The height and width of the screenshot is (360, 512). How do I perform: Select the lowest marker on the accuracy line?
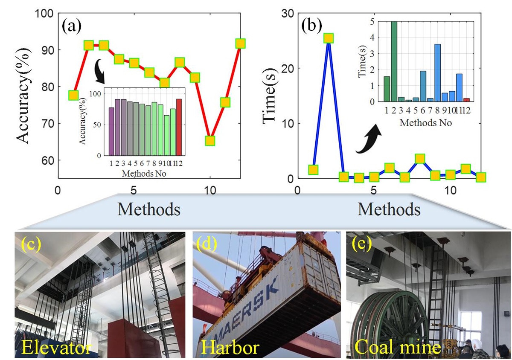pyautogui.click(x=209, y=141)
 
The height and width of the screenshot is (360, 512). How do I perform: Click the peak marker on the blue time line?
pyautogui.click(x=329, y=38)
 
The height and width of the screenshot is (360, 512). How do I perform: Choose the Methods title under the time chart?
pyautogui.click(x=388, y=209)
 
